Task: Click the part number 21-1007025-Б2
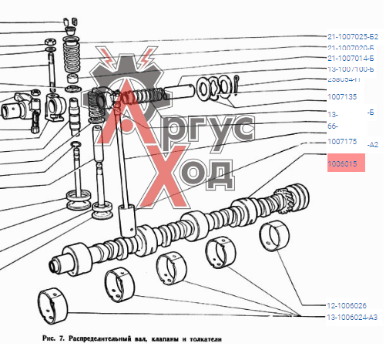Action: tap(352, 37)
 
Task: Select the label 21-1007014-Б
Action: tap(351, 58)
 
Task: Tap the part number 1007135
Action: tap(342, 98)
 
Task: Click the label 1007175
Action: tap(342, 142)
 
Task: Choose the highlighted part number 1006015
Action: tap(342, 163)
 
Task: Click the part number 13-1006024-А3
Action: tap(352, 317)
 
